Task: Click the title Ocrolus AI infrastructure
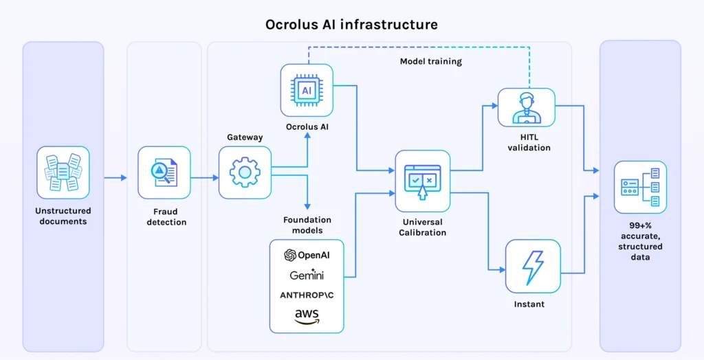pos(351,24)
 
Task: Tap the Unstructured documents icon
pos(63,172)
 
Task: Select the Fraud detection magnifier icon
pos(164,172)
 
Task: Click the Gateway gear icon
pos(245,172)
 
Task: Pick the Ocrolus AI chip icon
pos(307,90)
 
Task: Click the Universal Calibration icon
pos(422,181)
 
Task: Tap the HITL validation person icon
pos(526,107)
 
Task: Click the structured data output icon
pos(640,187)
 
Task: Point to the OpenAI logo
pos(307,255)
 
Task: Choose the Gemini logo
pos(307,275)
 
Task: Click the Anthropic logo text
pos(307,295)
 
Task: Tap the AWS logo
pos(307,316)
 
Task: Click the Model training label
pos(430,62)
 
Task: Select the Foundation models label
pos(307,225)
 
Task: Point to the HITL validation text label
pos(529,142)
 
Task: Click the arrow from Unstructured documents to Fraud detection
pos(115,178)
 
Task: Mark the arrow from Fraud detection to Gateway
pos(204,178)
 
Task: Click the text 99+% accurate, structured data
pos(640,246)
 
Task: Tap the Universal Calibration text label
pos(422,227)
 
